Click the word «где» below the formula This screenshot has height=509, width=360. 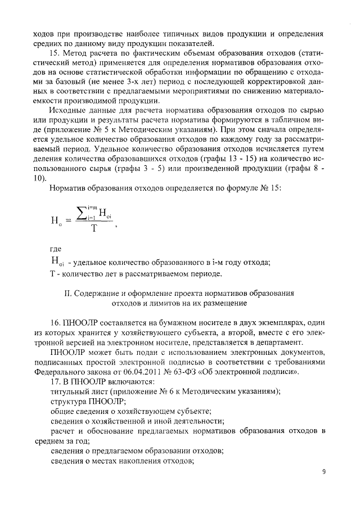[56, 247]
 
